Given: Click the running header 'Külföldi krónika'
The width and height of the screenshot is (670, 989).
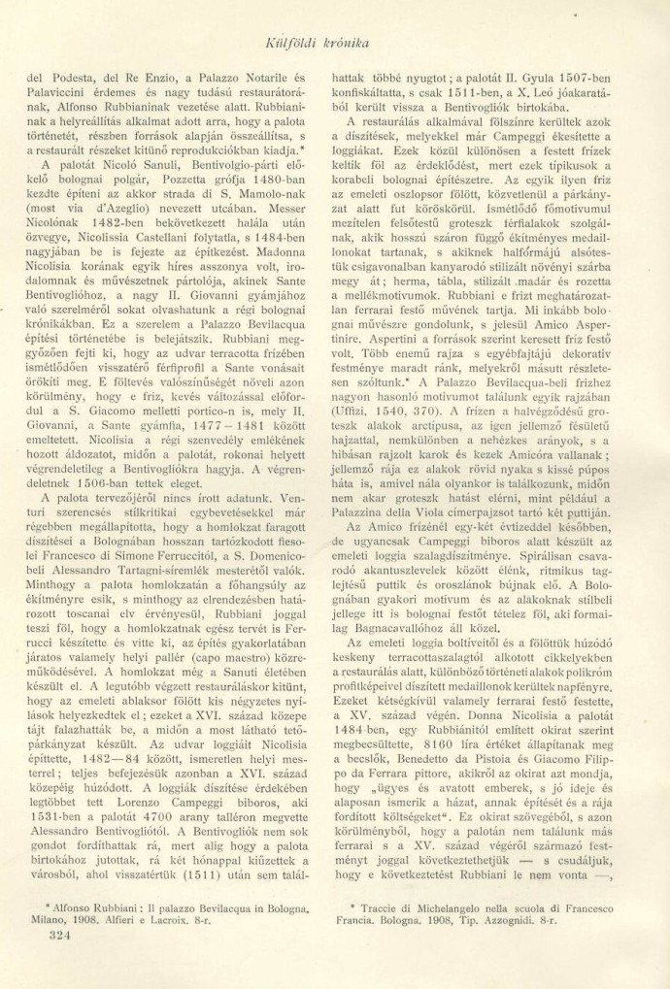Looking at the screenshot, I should coord(336,41).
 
